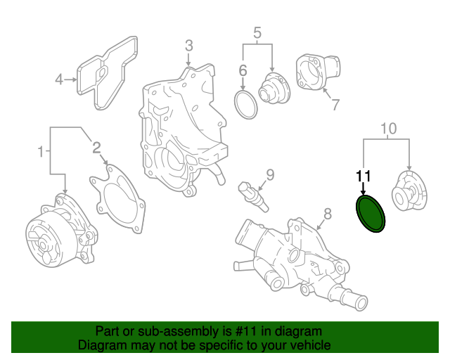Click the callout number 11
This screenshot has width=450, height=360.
[x=363, y=176]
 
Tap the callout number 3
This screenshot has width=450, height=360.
[x=188, y=46]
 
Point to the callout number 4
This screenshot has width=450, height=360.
[x=60, y=79]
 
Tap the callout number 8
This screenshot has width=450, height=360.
[x=326, y=214]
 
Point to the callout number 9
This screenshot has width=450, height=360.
[x=269, y=174]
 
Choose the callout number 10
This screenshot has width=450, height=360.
[x=388, y=128]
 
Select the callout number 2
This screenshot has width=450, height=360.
[x=96, y=147]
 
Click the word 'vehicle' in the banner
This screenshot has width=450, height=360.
[x=307, y=346]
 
